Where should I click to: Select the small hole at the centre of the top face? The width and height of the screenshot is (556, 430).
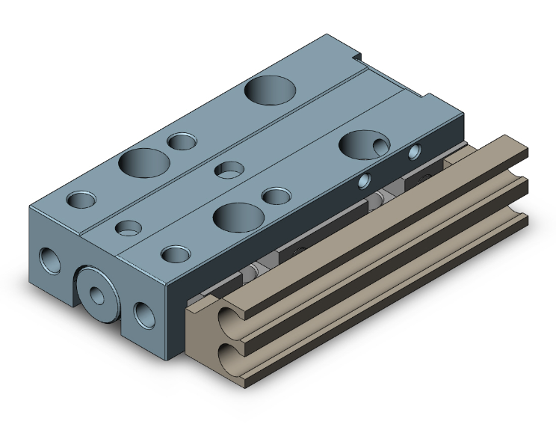coord(229,170)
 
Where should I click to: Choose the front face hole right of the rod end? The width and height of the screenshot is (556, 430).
coord(141,314)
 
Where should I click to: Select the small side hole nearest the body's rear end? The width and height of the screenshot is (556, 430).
coord(415,153)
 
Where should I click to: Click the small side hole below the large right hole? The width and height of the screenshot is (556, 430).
coord(365,180)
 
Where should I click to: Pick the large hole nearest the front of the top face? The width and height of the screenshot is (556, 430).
coord(237,216)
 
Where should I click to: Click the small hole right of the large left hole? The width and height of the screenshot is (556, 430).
coord(182,141)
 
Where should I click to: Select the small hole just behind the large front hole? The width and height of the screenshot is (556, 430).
coord(277,197)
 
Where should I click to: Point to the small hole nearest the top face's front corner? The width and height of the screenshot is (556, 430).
coord(176,254)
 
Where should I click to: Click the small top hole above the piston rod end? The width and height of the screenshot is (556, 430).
coord(128,227)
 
